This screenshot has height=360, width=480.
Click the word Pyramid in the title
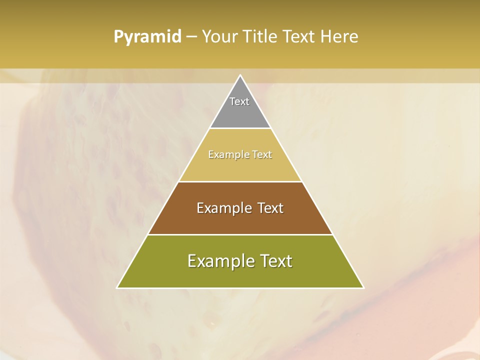tap(147, 37)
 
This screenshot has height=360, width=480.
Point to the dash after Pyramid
tap(191, 37)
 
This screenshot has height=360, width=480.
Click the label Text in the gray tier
tap(239, 101)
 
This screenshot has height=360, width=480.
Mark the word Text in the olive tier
tap(275, 261)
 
